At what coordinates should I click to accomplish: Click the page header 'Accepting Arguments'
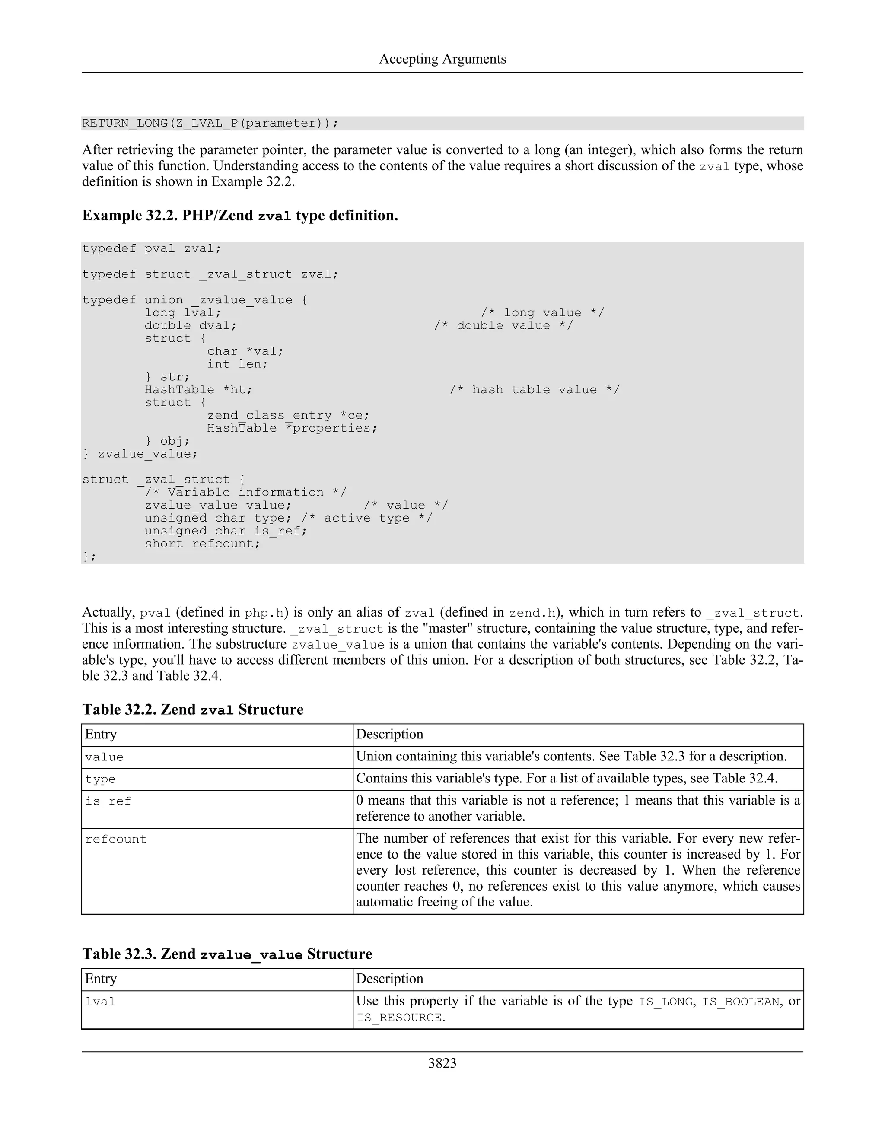click(442, 59)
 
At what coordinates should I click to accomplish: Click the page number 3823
click(442, 1063)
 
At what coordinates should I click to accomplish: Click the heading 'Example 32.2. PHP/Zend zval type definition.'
click(240, 216)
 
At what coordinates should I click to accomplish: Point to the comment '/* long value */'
click(542, 313)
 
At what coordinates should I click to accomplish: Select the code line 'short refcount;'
click(202, 544)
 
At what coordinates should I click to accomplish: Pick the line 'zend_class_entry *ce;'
click(288, 416)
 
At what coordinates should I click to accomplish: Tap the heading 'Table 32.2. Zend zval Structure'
click(193, 710)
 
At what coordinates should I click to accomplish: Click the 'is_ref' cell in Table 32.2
click(108, 801)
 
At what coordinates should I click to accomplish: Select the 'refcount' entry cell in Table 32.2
click(116, 840)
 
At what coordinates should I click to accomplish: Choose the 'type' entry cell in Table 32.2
click(100, 779)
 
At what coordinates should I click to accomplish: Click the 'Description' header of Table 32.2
click(389, 735)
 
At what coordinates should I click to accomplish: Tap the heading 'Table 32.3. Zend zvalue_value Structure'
click(227, 954)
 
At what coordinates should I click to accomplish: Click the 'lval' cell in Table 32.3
click(100, 1002)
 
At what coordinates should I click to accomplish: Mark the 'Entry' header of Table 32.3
click(101, 979)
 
